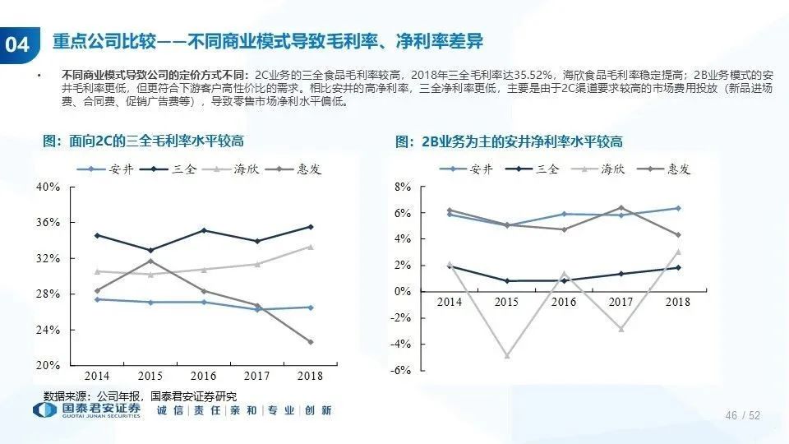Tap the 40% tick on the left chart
[x=48, y=187]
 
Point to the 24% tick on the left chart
[x=48, y=330]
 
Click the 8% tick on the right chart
[x=403, y=187]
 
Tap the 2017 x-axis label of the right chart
[x=621, y=303]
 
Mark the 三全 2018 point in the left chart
[x=311, y=227]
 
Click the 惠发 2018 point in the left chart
[x=311, y=342]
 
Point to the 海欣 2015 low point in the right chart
[x=506, y=356]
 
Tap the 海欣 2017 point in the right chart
[x=621, y=329]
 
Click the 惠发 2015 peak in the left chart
[x=150, y=261]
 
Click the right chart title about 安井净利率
[x=509, y=142]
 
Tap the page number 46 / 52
[x=742, y=416]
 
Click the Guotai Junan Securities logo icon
[x=45, y=410]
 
